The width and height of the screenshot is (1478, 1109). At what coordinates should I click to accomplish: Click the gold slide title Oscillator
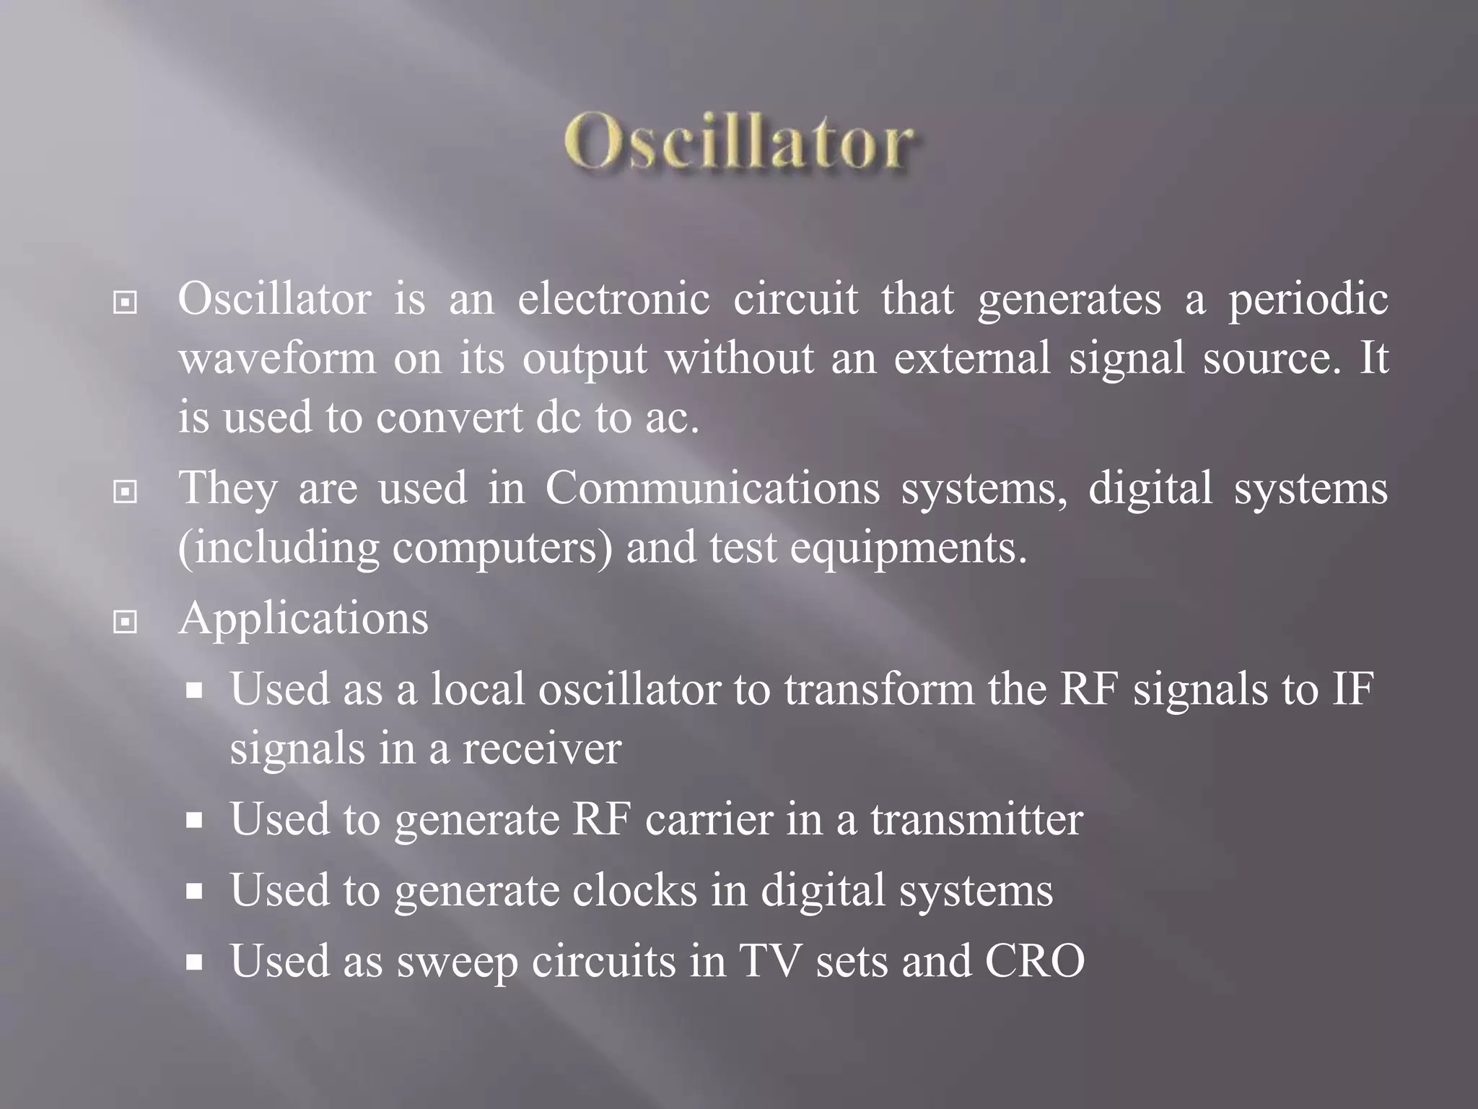(739, 142)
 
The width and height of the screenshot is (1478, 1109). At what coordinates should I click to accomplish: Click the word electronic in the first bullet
(613, 298)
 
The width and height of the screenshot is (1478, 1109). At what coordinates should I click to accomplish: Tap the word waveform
(277, 357)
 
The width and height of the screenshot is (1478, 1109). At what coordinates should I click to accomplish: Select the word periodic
(1308, 300)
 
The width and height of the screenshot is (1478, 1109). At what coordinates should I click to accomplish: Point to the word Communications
(712, 488)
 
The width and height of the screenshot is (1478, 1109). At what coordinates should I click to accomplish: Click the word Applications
(303, 619)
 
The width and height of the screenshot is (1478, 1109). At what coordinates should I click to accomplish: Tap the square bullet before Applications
(126, 621)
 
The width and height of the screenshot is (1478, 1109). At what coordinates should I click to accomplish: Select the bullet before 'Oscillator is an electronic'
(126, 303)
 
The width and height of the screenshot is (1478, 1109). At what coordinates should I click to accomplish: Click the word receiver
(541, 749)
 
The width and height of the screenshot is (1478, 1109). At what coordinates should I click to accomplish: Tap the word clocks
(635, 890)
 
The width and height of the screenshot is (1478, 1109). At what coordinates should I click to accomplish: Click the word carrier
(709, 819)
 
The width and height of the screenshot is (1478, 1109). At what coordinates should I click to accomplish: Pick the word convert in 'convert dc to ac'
(449, 417)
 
